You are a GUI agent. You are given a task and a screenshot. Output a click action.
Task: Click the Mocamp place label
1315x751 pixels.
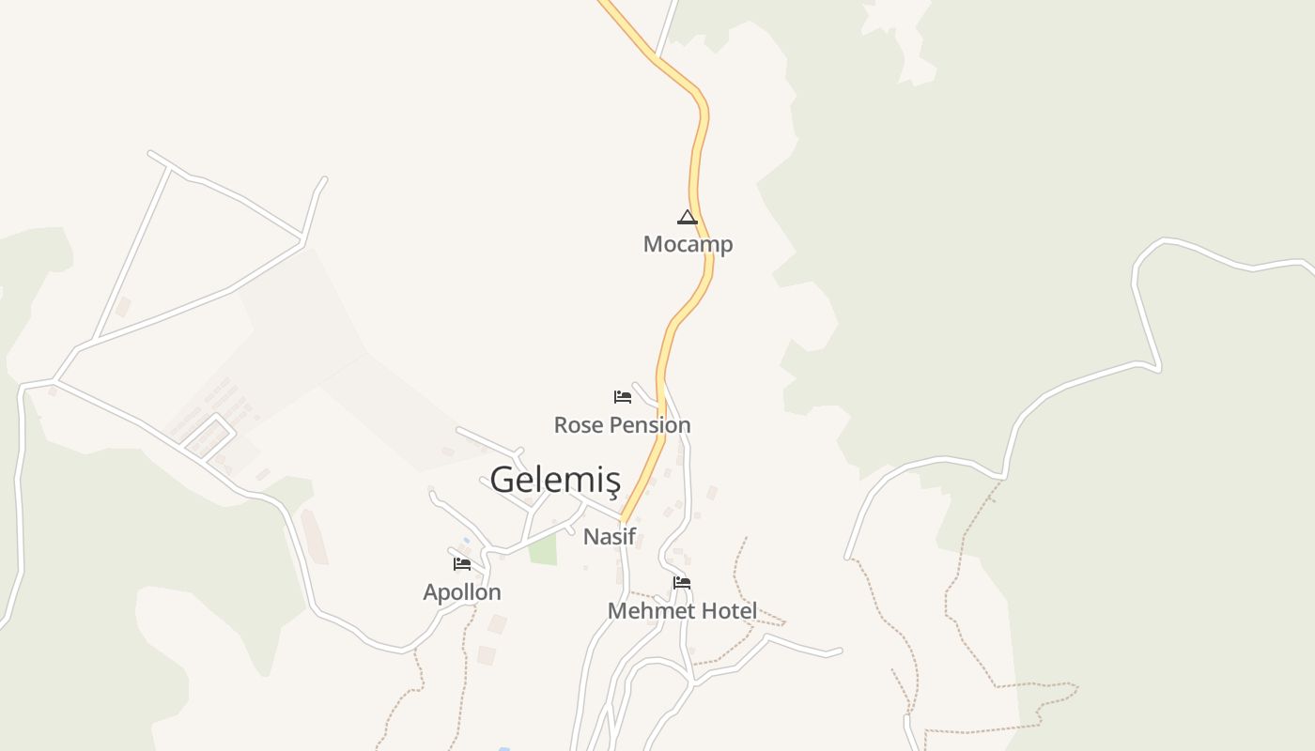pos(688,244)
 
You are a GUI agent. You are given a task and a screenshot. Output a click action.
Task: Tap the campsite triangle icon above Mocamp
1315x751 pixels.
pos(688,218)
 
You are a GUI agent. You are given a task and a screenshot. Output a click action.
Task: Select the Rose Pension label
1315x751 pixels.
pos(622,424)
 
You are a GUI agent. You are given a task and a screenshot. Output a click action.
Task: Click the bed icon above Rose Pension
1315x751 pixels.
pos(622,397)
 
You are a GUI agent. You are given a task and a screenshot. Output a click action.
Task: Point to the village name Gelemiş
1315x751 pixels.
pos(555,480)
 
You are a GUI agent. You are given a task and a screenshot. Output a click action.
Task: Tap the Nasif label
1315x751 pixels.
pos(610,537)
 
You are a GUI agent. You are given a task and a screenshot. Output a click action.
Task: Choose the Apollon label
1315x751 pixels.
pos(462,592)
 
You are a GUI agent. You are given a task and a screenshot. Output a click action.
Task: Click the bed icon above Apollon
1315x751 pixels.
pos(462,564)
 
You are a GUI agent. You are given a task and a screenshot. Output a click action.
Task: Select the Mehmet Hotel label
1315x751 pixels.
pos(682,611)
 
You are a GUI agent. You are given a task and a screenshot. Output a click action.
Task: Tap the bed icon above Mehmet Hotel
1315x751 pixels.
pos(682,583)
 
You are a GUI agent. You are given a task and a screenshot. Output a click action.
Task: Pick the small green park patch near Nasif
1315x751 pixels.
pos(542,550)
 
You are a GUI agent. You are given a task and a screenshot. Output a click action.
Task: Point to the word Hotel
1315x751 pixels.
pos(729,611)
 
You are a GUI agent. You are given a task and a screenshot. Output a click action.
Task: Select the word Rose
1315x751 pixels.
pos(576,424)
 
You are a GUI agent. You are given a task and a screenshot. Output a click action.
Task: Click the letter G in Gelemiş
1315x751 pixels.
pos(503,480)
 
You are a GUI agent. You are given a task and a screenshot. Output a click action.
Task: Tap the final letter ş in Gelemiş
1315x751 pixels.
pos(611,482)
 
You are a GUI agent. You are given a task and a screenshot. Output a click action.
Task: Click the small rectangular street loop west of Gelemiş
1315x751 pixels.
pos(209,437)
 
